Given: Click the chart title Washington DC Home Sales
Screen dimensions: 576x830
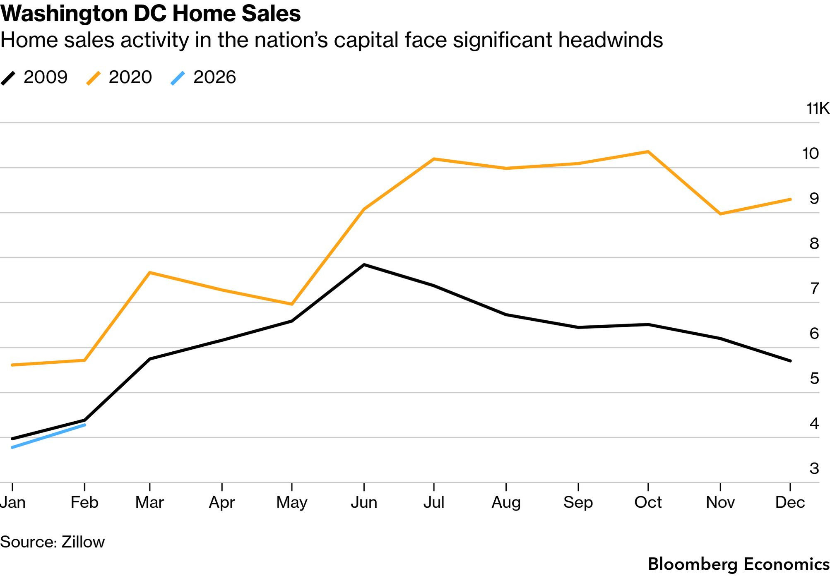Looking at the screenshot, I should point(150,13).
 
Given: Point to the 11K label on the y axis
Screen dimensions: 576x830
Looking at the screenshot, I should point(818,109).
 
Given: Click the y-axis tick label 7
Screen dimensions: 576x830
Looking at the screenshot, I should point(814,288).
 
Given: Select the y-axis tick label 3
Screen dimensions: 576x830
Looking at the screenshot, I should point(814,468).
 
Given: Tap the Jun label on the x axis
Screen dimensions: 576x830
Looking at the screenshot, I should point(364,502).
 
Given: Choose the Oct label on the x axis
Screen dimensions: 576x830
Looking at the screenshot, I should point(648,502).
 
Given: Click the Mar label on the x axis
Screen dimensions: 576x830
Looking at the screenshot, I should point(149,502).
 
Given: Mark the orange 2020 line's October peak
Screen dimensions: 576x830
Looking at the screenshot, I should point(648,152).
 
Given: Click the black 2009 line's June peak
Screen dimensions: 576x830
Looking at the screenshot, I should point(364,264).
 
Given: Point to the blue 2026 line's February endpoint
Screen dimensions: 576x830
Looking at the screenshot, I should point(85,425).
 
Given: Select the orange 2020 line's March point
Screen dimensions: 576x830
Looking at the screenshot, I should point(149,273).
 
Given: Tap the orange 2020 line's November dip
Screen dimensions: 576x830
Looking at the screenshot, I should point(721,214).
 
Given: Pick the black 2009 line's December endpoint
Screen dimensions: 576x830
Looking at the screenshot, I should point(790,361).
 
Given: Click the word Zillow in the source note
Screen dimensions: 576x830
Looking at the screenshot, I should point(83,542).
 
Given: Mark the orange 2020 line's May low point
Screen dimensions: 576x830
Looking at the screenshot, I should point(292,304).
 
